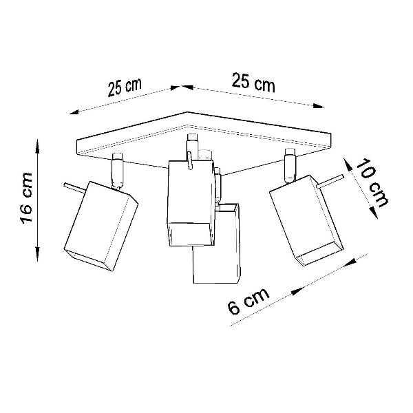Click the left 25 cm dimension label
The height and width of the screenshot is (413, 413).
pyautogui.click(x=124, y=87)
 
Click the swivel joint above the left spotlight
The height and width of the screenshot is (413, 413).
pyautogui.click(x=118, y=170)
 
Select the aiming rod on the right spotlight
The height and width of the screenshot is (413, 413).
pyautogui.click(x=332, y=181)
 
